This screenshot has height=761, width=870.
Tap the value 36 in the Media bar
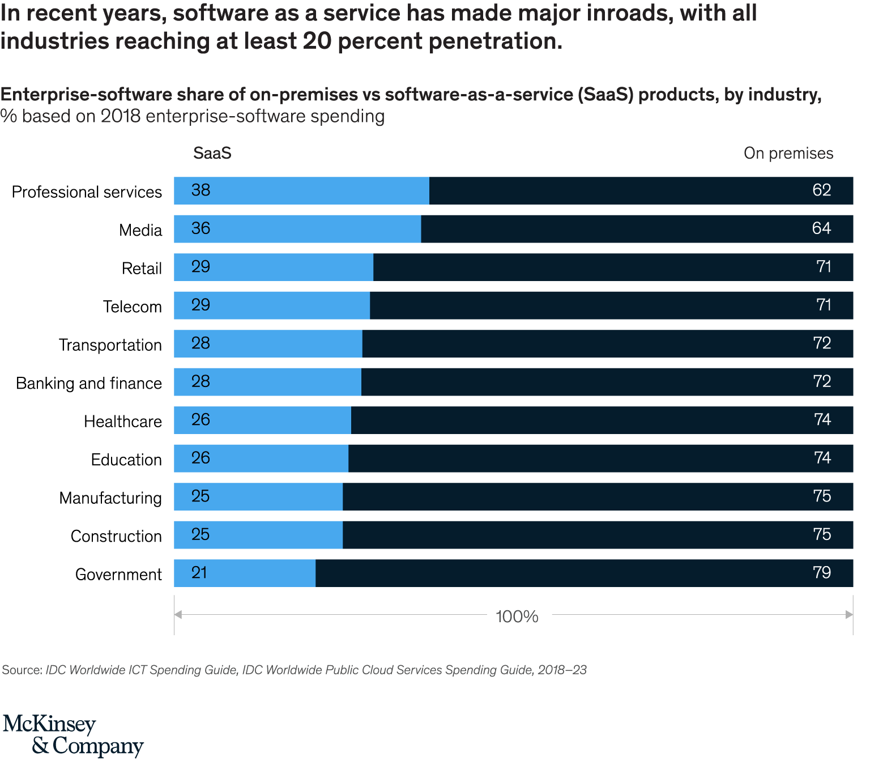[201, 228]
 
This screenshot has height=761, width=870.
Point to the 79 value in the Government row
[821, 573]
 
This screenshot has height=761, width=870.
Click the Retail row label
[142, 268]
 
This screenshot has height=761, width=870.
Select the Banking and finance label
[89, 383]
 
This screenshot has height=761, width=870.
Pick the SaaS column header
[212, 153]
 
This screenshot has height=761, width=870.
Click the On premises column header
[788, 153]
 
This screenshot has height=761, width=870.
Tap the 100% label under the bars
[517, 616]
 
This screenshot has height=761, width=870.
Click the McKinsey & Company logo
[74, 735]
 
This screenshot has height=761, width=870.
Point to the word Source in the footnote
[22, 670]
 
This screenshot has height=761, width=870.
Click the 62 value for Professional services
[821, 190]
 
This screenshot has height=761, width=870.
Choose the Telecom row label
[132, 307]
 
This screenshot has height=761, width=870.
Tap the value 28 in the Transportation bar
[201, 343]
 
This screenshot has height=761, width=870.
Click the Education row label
[126, 460]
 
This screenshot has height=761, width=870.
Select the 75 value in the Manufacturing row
[821, 496]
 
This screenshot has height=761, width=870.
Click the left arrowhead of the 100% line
[177, 614]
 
